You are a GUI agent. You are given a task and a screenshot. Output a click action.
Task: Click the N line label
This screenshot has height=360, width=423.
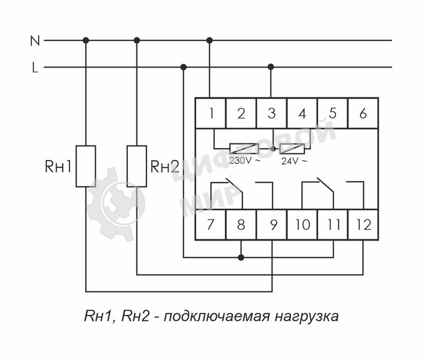coord(35,40)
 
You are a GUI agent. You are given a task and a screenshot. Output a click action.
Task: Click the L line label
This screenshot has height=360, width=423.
coord(35,68)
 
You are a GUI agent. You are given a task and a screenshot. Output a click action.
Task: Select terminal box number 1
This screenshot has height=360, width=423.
coord(210,113)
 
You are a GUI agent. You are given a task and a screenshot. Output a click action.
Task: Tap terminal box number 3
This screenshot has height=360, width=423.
coord(271,113)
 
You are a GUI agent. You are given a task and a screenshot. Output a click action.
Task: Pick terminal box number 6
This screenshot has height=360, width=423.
coord(363,113)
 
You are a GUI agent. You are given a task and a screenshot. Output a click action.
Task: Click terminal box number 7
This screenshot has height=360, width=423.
coord(210,225)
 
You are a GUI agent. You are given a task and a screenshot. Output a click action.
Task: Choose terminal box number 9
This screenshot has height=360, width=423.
coord(272,225)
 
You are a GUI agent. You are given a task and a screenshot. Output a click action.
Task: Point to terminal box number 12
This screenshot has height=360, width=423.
coord(363,225)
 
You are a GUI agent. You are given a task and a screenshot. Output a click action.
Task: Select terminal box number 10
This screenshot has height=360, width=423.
coord(302,225)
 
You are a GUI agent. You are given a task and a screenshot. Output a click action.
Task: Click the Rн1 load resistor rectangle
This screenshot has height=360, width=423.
coord(86,166)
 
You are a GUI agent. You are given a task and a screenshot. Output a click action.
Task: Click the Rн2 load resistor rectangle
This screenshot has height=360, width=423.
coord(137,166)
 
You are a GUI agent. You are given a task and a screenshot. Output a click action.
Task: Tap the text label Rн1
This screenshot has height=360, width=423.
coord(58,167)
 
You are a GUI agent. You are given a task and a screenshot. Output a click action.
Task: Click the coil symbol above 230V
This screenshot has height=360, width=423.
coord(244,149)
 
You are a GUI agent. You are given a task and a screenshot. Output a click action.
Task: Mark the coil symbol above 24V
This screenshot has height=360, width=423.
coord(292,149)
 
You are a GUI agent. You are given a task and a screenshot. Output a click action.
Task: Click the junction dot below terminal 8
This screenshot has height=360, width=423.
coord(241,257)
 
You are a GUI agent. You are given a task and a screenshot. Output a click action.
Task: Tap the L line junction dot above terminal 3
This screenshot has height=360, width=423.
coord(271,67)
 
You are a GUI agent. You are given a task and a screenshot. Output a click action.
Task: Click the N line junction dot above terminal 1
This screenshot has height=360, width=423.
coord(210,40)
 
